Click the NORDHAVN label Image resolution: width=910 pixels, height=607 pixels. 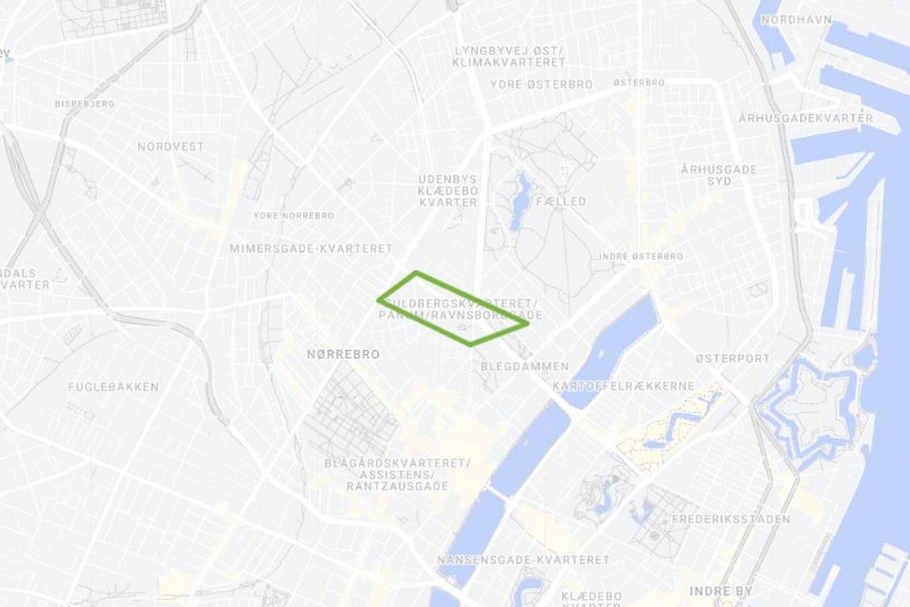point(796,20)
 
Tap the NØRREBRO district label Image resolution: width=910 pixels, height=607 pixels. point(343,355)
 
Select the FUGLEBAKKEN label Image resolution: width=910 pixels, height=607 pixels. point(113,387)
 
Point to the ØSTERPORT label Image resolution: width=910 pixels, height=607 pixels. point(732,359)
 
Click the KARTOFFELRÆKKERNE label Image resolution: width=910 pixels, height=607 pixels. point(624,386)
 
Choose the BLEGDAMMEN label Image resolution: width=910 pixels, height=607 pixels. point(525,366)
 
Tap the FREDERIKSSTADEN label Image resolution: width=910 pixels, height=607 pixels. point(731,519)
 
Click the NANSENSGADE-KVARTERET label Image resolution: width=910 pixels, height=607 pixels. point(523,560)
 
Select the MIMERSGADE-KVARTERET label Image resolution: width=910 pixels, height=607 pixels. point(311,248)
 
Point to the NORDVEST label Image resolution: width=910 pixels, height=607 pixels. point(170,147)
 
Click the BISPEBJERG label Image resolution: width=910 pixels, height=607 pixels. point(85,104)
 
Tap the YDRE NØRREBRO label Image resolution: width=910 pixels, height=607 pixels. point(294,216)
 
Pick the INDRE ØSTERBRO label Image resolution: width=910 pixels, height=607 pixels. point(641,256)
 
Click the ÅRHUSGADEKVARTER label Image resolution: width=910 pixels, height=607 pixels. point(806,119)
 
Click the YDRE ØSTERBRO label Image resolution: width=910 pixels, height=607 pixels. point(542,85)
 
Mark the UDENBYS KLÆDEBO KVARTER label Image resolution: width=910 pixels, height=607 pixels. point(448,191)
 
